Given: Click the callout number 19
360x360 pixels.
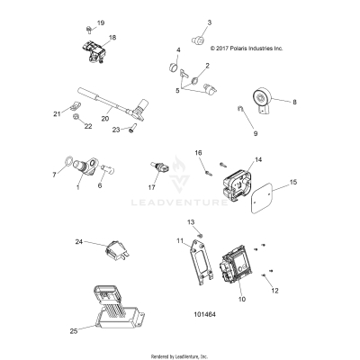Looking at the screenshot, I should tap(101, 22).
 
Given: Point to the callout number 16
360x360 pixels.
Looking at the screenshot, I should tap(199, 153).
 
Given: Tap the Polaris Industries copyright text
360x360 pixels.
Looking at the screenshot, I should tap(234, 50).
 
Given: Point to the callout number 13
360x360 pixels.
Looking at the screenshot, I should tap(190, 221).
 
